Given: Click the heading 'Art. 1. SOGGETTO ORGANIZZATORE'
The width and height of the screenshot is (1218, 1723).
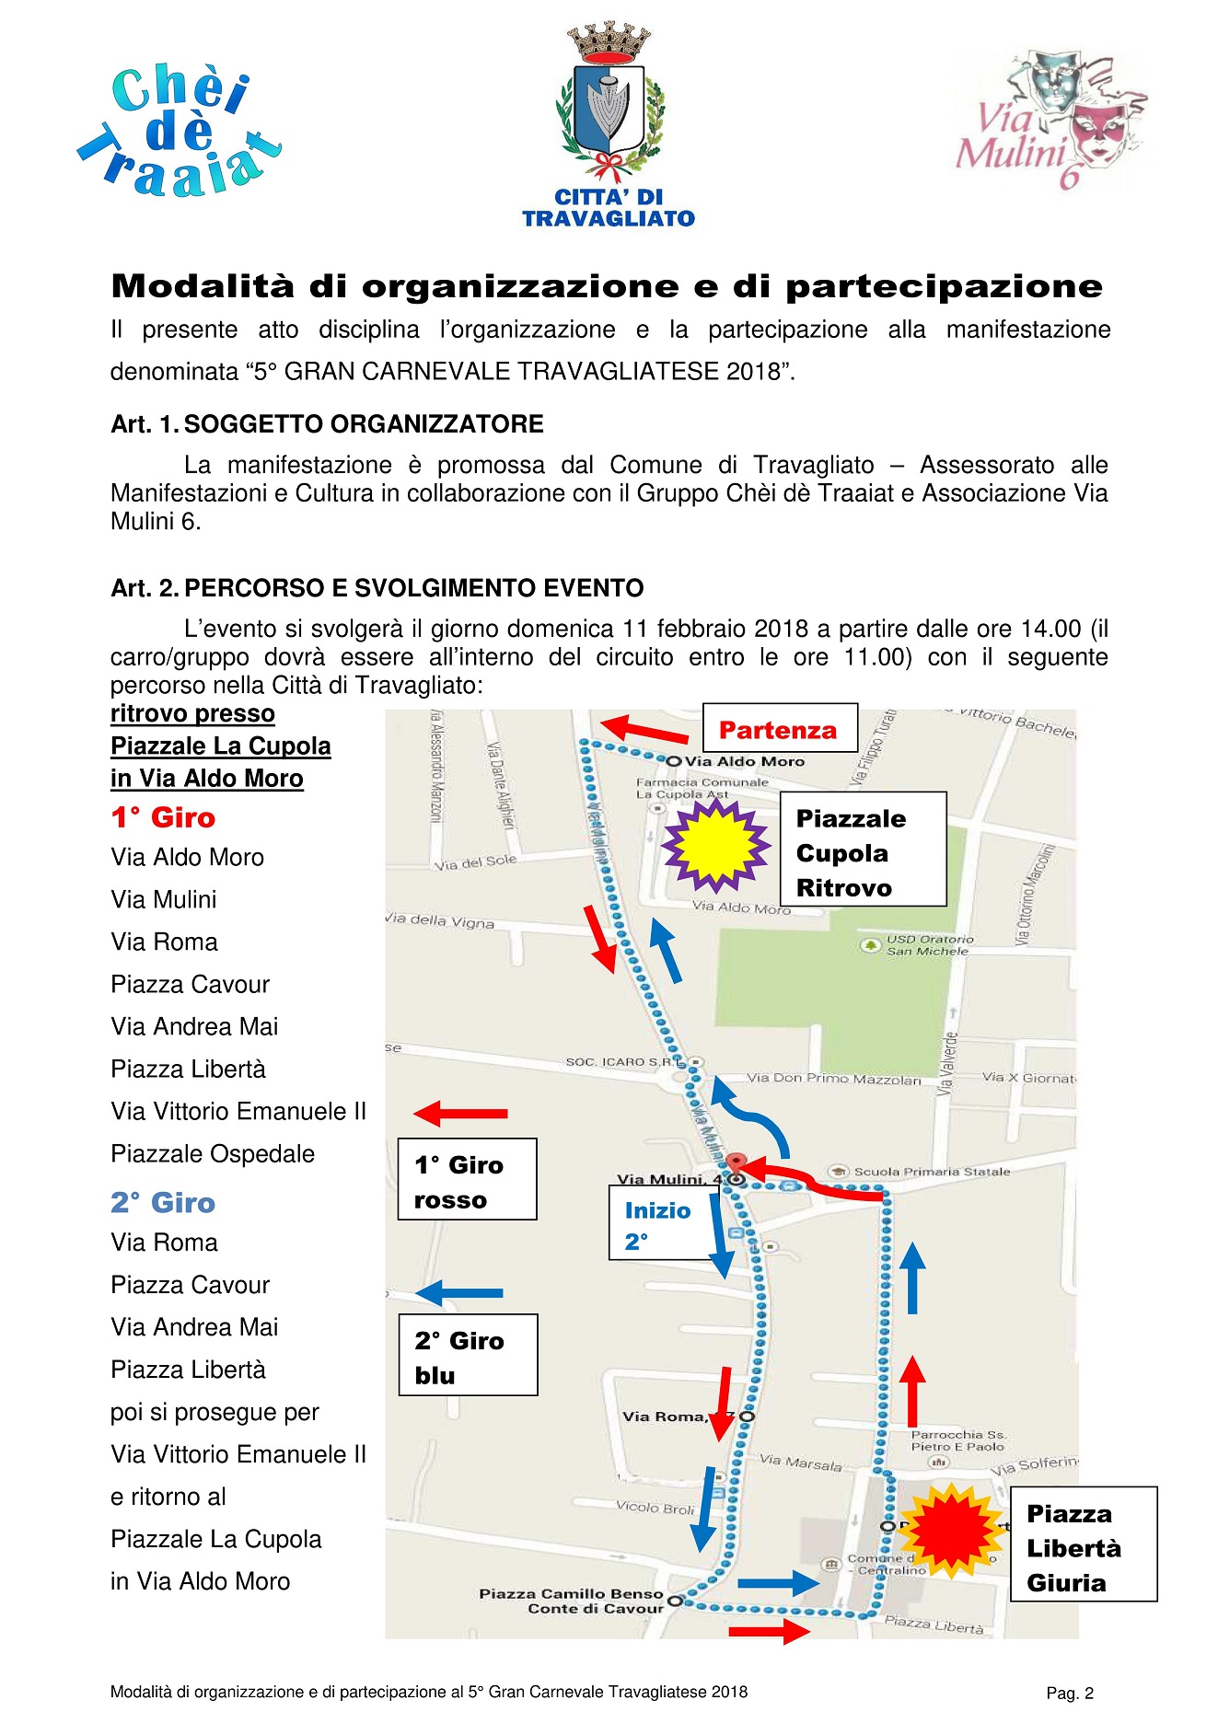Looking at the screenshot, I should pos(327,424).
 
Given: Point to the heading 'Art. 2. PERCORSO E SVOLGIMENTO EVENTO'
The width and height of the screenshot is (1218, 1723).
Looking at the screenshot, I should pos(377,588).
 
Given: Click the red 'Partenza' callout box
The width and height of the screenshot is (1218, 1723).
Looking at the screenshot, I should pos(780,730).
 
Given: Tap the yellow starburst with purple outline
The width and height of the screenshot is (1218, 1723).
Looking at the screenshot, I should pos(716,846).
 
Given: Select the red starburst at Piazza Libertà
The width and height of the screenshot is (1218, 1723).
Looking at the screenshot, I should pos(950,1530).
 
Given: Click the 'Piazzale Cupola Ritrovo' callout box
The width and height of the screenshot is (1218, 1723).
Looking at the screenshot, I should pos(863,851).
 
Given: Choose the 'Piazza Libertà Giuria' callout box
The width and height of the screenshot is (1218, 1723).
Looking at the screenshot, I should pos(1083,1548).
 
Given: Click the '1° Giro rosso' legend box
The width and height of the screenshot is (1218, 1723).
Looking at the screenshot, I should pos(467,1180).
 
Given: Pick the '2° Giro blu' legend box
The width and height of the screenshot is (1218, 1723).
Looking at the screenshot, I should pos(468,1356).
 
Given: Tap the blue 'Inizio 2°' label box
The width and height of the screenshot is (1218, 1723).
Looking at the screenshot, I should pos(657,1224).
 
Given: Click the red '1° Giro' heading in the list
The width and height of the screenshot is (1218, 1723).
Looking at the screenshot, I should pos(163,818).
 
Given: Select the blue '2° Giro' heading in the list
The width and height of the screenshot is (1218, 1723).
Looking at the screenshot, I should pos(163,1203).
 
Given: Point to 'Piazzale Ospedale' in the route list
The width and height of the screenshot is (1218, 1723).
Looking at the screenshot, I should pos(213,1154).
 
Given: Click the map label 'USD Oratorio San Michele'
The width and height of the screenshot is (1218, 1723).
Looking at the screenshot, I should pos(928,945).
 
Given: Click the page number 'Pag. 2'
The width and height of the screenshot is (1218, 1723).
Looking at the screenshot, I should pos(1070,1694).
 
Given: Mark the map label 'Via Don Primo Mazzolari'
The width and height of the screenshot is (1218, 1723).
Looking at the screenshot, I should pos(833,1079).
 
